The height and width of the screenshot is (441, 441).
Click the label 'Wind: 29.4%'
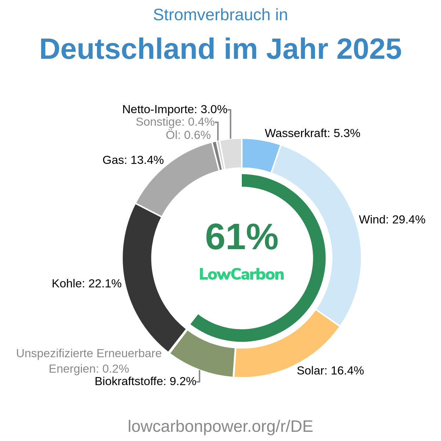[392, 220]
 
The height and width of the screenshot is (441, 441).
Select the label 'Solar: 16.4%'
[330, 370]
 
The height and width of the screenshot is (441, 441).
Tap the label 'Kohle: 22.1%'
[86, 283]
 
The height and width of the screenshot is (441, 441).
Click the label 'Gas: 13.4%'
[133, 160]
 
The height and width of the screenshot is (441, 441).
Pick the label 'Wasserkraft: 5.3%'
[312, 133]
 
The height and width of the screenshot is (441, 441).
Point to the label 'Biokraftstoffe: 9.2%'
[145, 381]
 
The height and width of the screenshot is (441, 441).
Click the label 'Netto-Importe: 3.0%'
[175, 109]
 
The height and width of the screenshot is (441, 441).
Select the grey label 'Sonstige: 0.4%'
[175, 122]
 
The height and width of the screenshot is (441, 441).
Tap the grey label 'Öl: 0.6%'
[188, 135]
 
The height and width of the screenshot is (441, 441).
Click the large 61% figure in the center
[241, 237]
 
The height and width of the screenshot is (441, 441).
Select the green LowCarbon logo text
[241, 274]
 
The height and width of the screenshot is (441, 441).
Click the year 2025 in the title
[369, 49]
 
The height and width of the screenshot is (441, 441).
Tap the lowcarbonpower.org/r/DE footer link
[220, 426]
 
